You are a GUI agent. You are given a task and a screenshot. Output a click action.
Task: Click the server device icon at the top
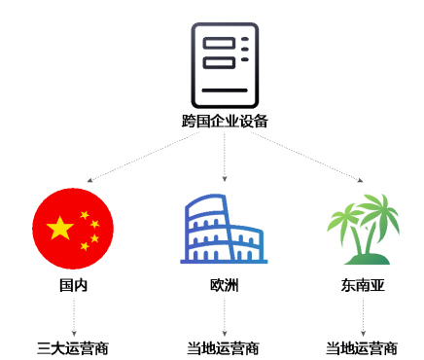click(x=225, y=65)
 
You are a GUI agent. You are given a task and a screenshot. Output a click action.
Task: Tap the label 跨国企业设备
click(x=225, y=122)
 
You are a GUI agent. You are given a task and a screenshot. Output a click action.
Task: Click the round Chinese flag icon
click(x=73, y=229)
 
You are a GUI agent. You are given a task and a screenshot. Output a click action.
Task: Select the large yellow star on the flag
click(x=60, y=228)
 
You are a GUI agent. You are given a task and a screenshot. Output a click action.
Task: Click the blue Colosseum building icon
click(x=224, y=229)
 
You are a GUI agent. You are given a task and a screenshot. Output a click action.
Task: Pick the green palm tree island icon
click(x=363, y=229)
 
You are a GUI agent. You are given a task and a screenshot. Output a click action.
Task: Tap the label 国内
click(x=73, y=285)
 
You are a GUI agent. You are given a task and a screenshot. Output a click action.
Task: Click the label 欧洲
click(x=225, y=285)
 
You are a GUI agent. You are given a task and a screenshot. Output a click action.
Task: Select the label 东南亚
click(x=363, y=285)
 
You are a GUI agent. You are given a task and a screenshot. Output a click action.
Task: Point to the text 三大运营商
click(x=73, y=348)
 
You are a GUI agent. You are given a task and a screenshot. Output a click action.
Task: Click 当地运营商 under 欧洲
click(x=223, y=348)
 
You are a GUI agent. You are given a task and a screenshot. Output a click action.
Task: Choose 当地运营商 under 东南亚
click(x=362, y=348)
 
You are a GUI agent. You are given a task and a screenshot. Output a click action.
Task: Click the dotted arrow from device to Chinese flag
click(x=143, y=157)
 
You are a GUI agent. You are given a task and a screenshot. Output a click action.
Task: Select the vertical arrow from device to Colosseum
click(x=225, y=157)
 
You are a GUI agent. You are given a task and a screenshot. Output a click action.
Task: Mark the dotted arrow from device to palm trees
click(x=307, y=157)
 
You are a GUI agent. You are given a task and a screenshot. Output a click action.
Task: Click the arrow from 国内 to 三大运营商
click(x=74, y=317)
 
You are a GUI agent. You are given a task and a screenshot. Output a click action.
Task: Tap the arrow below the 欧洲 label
click(x=225, y=317)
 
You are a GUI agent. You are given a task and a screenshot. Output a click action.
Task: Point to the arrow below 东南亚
click(x=363, y=317)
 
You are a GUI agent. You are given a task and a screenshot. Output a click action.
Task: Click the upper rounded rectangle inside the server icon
click(x=219, y=43)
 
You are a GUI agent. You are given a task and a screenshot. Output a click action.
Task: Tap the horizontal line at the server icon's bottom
click(x=225, y=90)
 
